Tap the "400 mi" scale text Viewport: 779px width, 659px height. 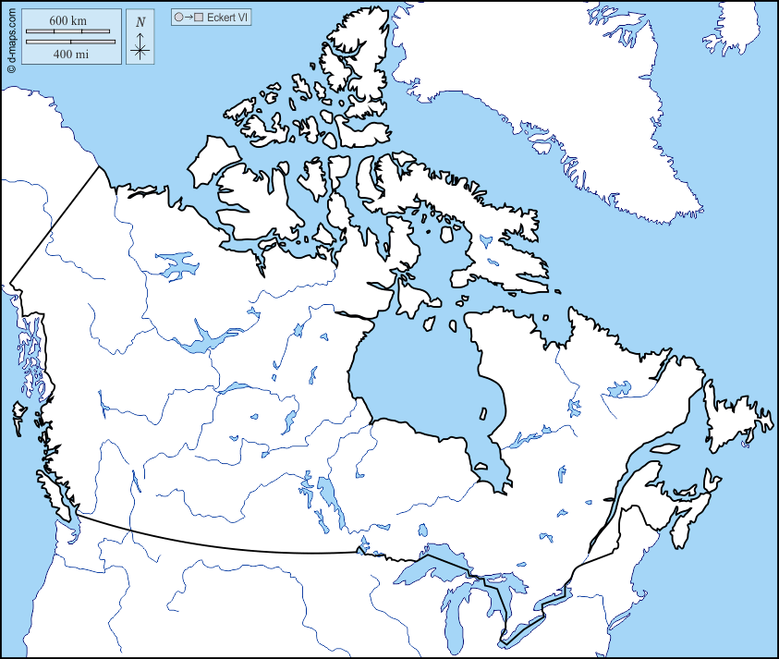click(x=70, y=54)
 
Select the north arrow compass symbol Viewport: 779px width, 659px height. click(x=140, y=38)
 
